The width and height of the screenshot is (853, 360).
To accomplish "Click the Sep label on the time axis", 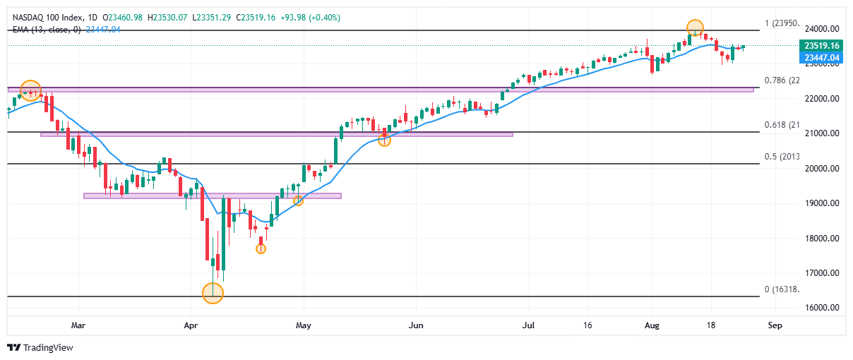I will (x=775, y=326).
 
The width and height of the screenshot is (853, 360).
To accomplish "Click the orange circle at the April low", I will (x=213, y=293).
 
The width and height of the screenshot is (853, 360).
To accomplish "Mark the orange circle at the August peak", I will (x=696, y=28).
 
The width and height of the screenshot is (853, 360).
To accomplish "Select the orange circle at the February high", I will (x=30, y=90).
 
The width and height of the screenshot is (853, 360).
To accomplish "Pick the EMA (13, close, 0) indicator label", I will (x=47, y=29).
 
